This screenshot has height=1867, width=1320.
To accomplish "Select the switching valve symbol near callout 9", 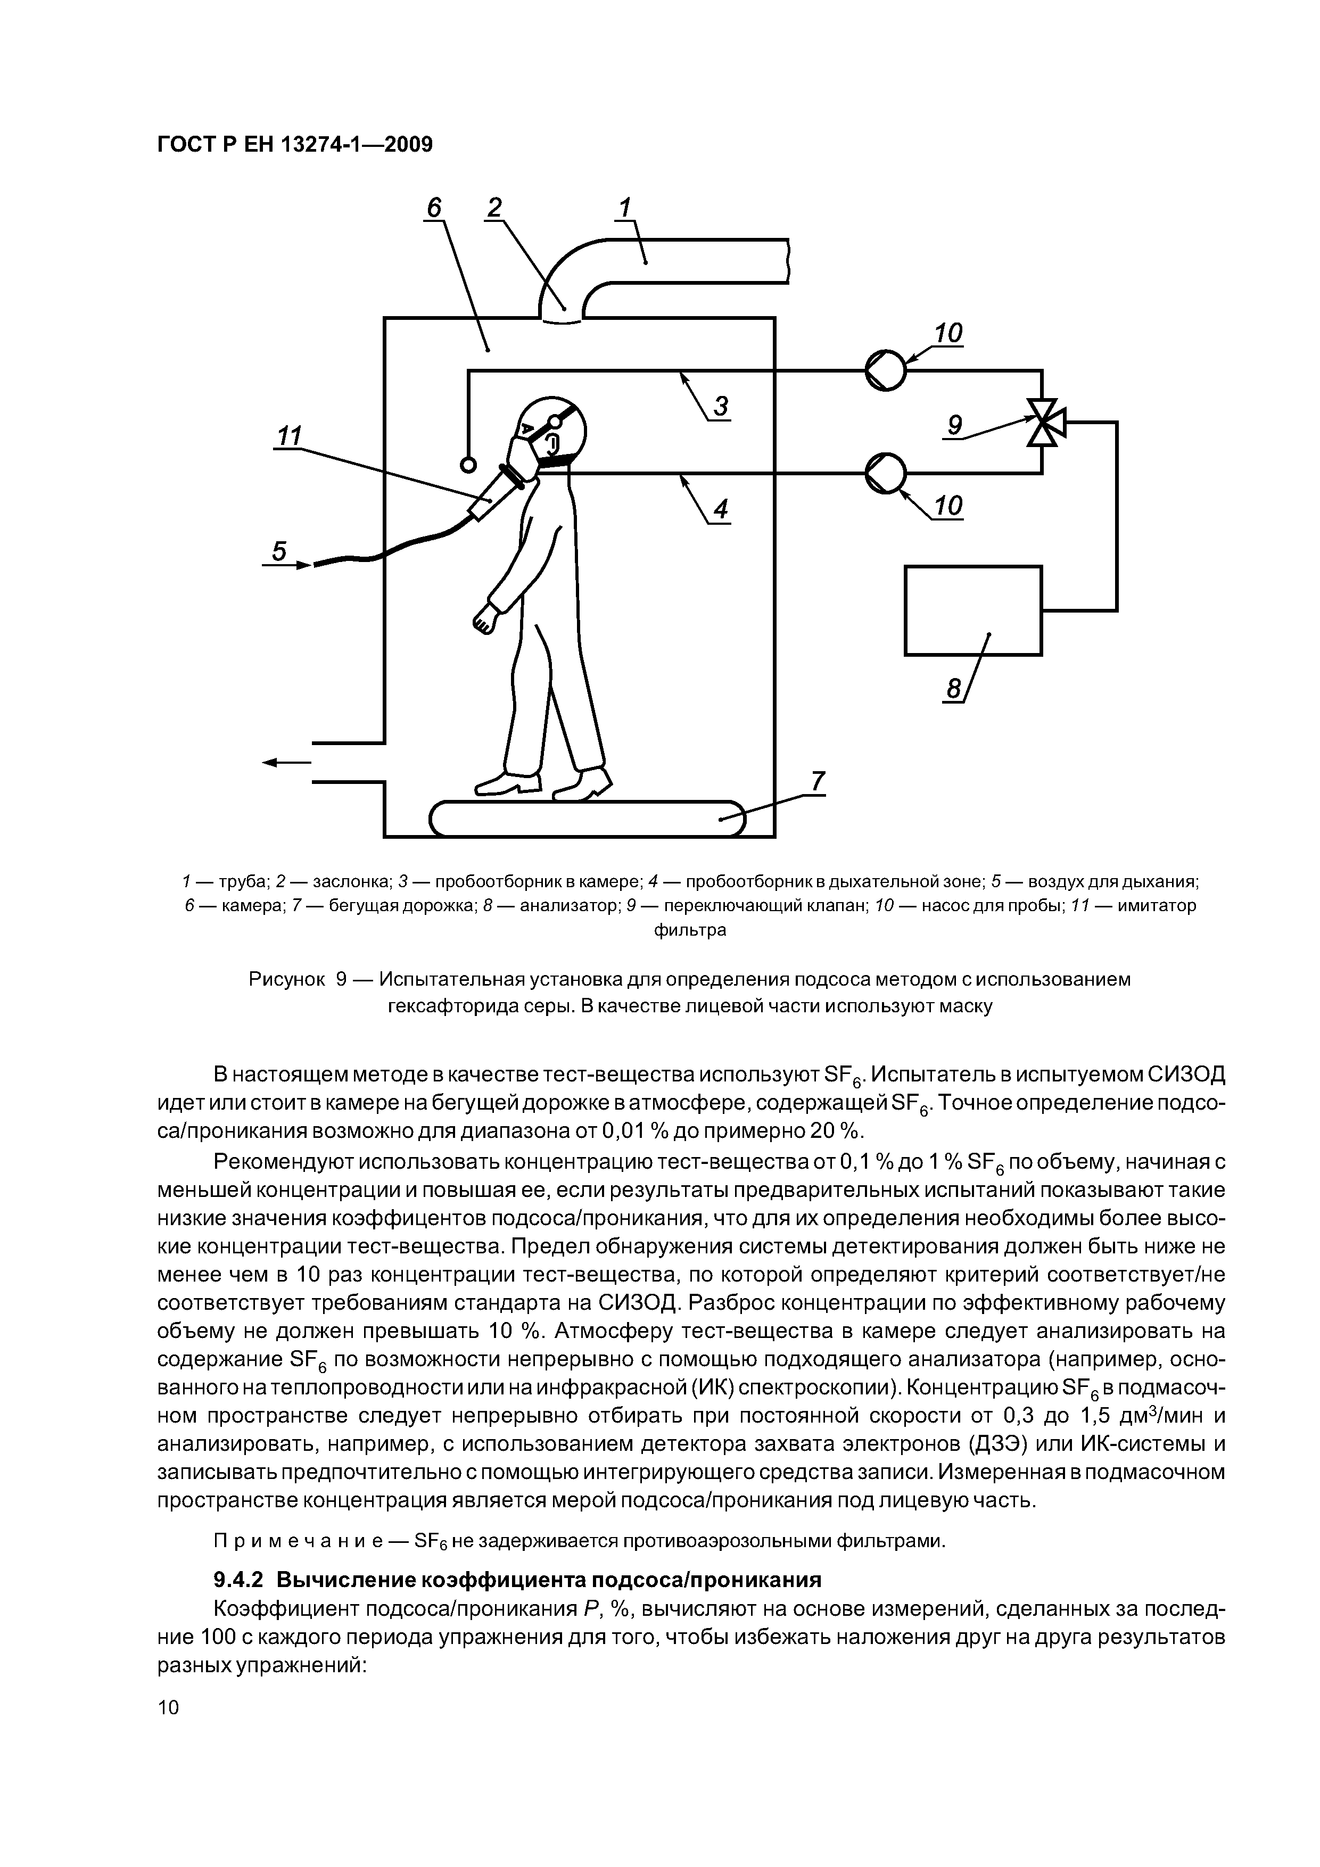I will [x=1042, y=423].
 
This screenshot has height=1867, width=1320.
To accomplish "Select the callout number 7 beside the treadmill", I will [x=818, y=781].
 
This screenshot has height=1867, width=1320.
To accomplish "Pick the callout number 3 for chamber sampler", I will [x=721, y=406].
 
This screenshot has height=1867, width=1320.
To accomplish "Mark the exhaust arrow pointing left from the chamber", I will [x=287, y=762].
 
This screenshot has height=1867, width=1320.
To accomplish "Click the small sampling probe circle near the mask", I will [x=468, y=464].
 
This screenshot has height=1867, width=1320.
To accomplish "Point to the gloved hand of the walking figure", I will [x=485, y=618].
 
